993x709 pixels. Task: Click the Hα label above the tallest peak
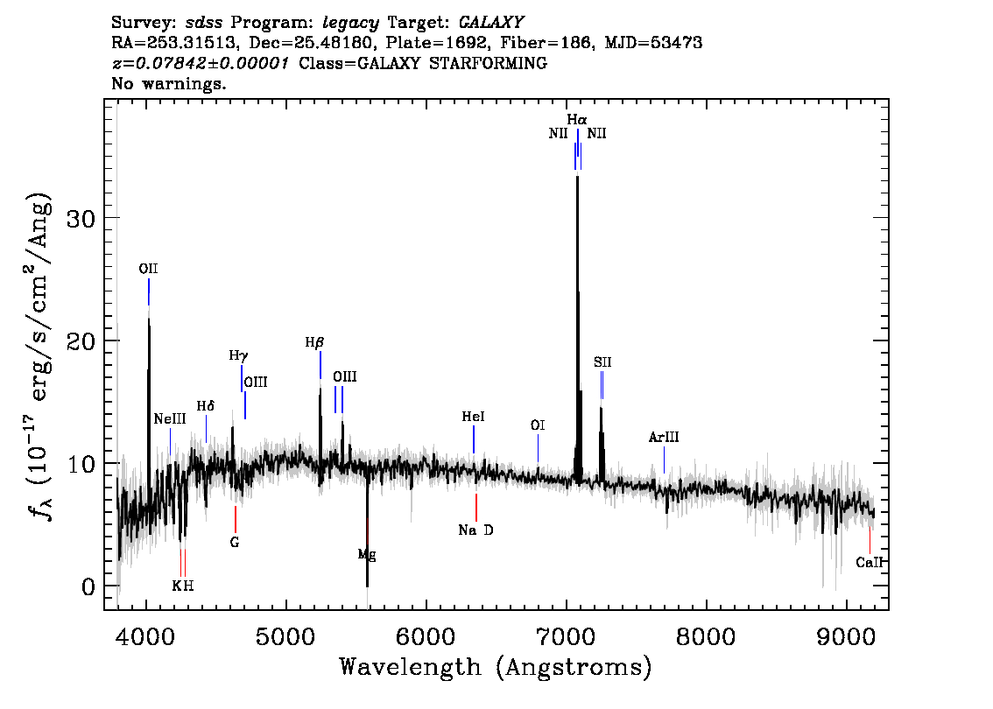577,119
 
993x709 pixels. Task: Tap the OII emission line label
148,269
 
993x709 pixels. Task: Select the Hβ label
314,342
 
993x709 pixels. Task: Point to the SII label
602,362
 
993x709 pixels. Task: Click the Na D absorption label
475,530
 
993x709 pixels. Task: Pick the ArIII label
664,437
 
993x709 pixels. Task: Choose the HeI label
473,417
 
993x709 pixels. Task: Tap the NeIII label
170,419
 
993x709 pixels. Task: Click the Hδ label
205,406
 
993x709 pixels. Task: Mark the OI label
538,425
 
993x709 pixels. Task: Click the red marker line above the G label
235,519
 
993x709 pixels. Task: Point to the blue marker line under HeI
473,439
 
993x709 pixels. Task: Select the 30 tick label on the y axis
81,219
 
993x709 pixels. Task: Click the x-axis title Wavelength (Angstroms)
496,668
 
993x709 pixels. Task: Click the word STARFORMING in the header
488,63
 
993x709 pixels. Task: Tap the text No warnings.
168,83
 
